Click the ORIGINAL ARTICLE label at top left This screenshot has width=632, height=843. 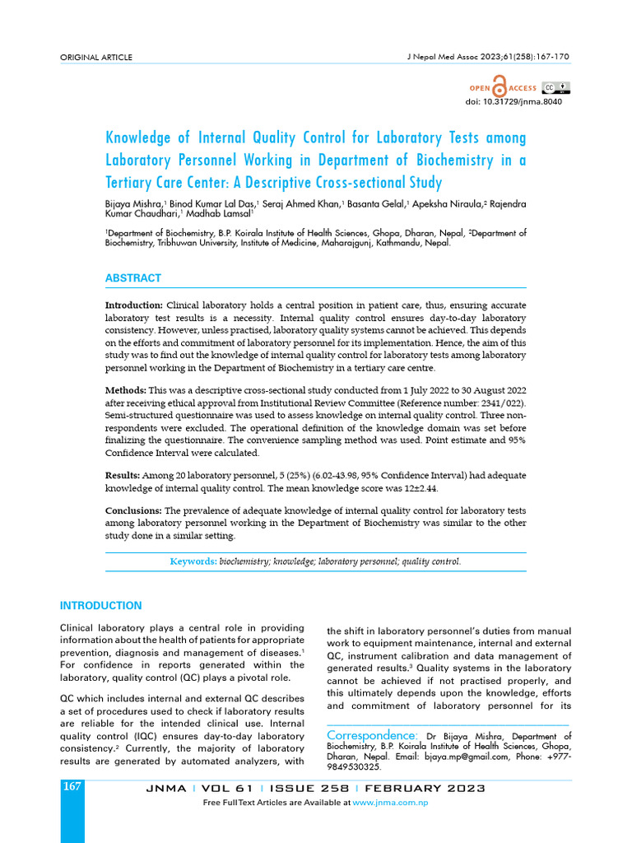pos(96,57)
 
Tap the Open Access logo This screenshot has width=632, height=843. pos(503,88)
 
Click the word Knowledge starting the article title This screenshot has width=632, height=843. pos(142,137)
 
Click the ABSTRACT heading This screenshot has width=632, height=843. pos(133,278)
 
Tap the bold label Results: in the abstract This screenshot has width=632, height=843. pos(123,476)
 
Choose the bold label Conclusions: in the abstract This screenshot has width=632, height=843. pos(134,511)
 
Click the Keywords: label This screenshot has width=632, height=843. pos(193,561)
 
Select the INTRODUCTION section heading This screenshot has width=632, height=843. pos(101,606)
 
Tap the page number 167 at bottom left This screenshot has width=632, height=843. pos(72,787)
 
